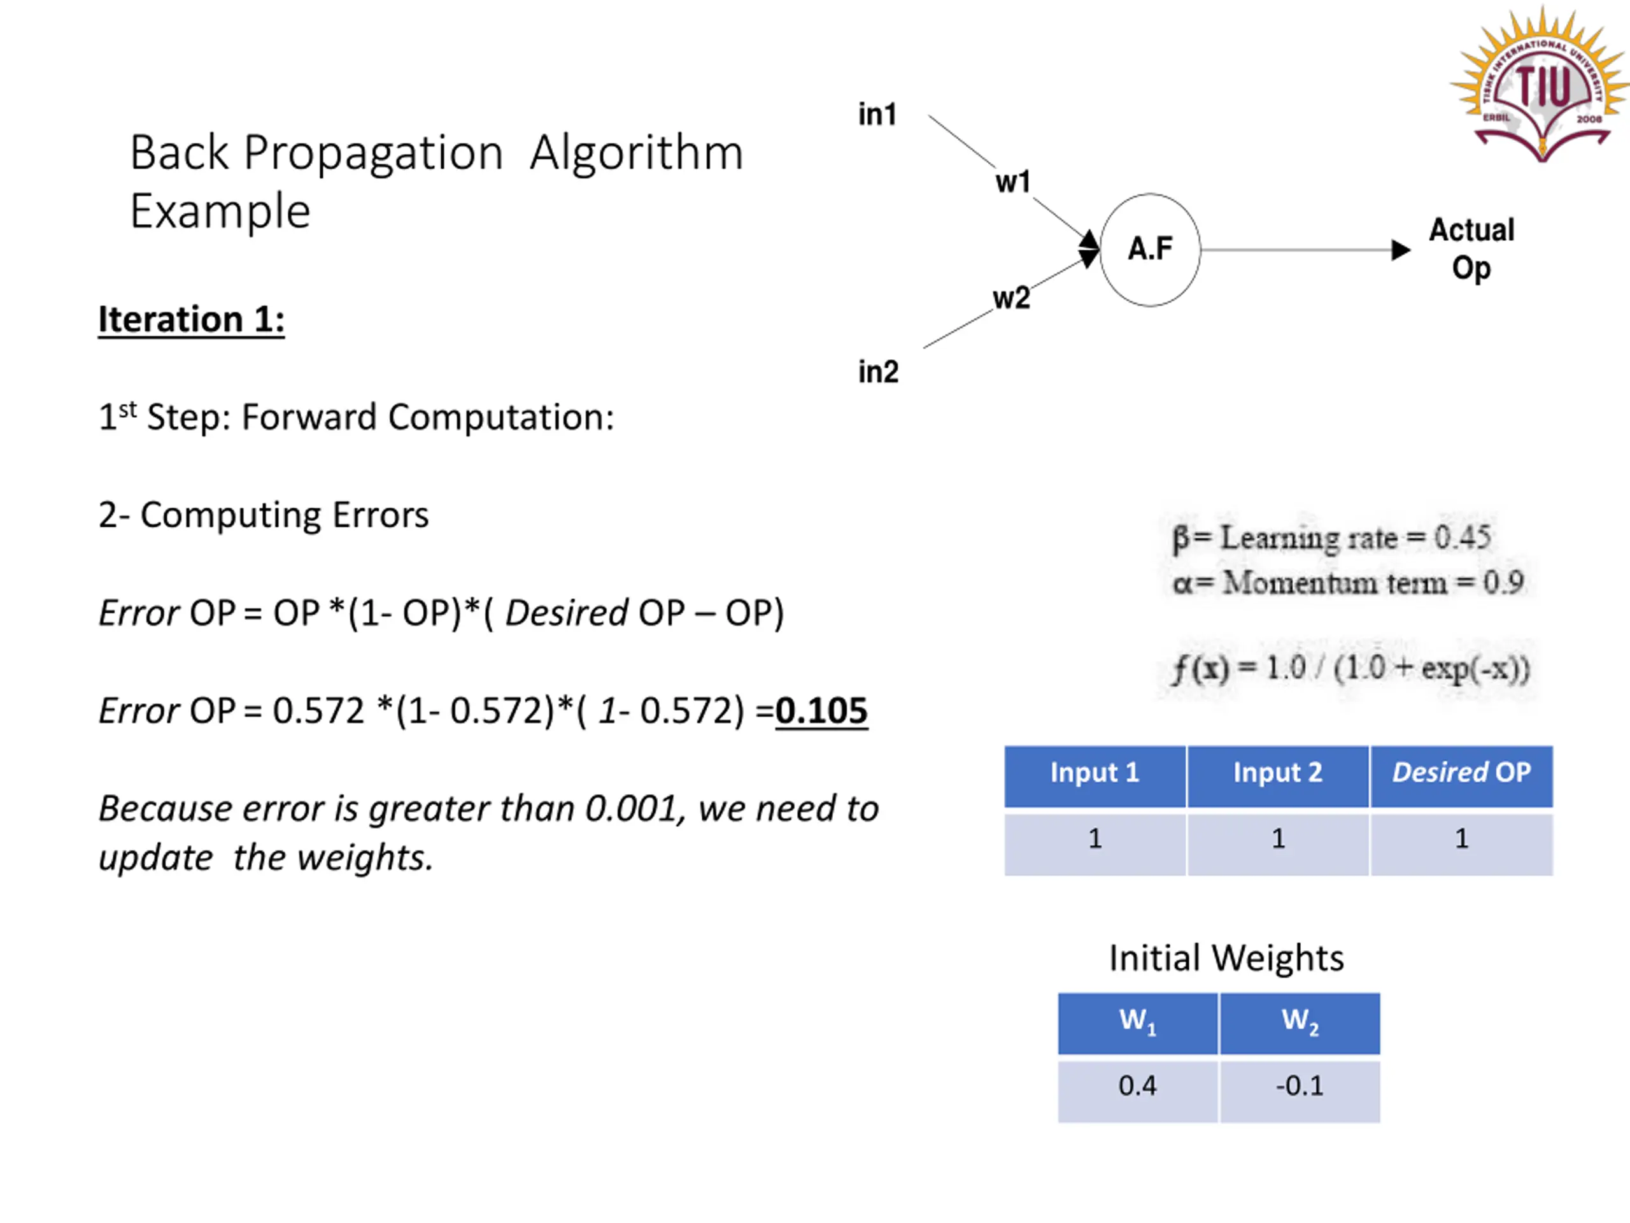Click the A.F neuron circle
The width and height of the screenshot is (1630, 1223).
point(1149,250)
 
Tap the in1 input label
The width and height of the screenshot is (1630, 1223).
point(877,115)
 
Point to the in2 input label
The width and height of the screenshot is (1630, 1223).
point(877,372)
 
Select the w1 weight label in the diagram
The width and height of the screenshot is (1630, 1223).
point(1012,182)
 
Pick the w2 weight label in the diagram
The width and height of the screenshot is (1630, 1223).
point(1011,299)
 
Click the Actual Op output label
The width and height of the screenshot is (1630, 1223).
point(1471,249)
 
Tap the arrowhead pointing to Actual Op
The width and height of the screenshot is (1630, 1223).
point(1400,250)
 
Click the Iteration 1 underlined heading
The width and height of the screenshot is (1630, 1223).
point(192,320)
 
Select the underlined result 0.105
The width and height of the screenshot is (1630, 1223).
point(821,712)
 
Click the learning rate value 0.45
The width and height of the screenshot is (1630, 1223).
point(1462,538)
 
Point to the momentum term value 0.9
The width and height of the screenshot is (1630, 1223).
point(1503,583)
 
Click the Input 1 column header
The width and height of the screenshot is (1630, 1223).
point(1095,773)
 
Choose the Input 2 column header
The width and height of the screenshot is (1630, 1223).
point(1278,773)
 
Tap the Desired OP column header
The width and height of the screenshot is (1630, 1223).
point(1461,773)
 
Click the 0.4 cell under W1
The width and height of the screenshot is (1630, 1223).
point(1137,1086)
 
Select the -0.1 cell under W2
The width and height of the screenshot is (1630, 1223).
point(1299,1086)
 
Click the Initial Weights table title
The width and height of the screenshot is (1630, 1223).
point(1226,959)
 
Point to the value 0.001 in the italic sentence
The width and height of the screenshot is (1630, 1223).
point(631,810)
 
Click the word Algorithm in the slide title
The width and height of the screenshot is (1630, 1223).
point(636,154)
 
